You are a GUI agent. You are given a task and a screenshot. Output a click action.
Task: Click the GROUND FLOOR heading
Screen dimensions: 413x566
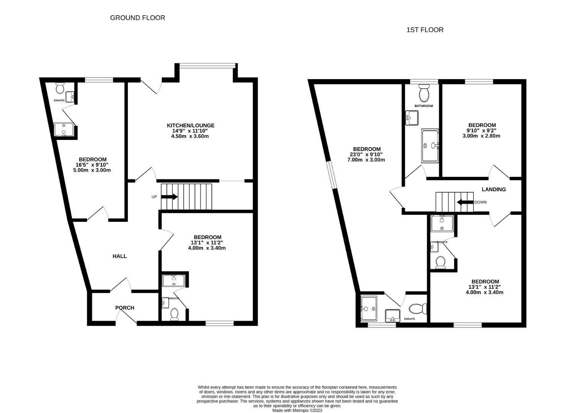click(137, 18)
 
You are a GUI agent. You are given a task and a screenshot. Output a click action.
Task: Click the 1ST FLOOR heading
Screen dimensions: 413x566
click(425, 30)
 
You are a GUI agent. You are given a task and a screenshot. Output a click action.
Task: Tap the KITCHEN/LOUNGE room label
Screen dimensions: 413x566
click(190, 125)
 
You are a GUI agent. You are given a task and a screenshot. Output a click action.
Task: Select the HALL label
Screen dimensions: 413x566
click(119, 256)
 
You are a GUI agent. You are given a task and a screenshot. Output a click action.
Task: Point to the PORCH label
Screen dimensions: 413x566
click(125, 307)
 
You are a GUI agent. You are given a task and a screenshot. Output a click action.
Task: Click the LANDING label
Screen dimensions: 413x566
click(493, 189)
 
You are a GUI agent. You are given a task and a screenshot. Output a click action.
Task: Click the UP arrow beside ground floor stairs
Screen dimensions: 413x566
click(169, 197)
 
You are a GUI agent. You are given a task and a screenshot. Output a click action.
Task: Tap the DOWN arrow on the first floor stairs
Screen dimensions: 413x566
click(465, 202)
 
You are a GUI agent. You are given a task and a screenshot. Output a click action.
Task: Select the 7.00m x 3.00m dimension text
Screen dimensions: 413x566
click(366, 160)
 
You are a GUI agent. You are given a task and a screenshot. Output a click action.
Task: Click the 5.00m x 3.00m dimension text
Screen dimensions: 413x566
click(92, 170)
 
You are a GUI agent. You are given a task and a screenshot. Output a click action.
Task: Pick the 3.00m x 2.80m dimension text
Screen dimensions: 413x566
click(481, 136)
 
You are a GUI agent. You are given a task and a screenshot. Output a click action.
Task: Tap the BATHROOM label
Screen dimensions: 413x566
click(424, 106)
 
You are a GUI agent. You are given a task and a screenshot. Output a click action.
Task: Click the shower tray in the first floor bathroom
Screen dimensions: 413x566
click(430, 146)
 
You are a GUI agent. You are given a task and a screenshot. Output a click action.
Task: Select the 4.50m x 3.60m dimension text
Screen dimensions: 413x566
click(190, 136)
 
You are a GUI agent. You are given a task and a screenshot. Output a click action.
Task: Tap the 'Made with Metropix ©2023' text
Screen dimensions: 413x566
click(297, 410)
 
